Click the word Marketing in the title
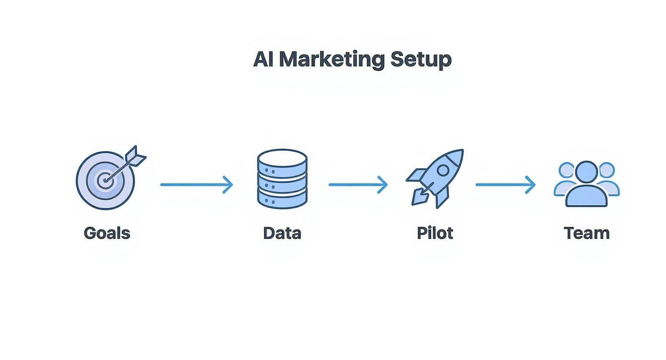[x=332, y=59]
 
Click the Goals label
[x=107, y=233]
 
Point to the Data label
[x=282, y=233]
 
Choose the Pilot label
[x=434, y=233]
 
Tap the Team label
[x=587, y=233]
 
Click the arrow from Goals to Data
[x=196, y=184]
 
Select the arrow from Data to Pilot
[x=358, y=184]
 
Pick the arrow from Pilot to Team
[x=505, y=184]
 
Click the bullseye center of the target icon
[x=104, y=181]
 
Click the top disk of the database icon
[x=282, y=158]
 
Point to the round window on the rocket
[x=443, y=170]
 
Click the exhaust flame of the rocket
[x=420, y=197]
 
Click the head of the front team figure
[x=586, y=172]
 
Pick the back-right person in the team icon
[x=609, y=177]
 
